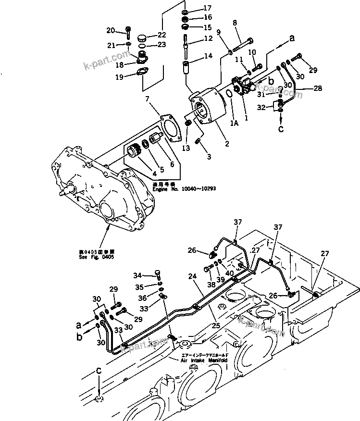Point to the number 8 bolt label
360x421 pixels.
pyautogui.click(x=235, y=23)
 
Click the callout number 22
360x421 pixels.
pyautogui.click(x=161, y=35)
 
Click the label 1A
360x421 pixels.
pyautogui.click(x=234, y=123)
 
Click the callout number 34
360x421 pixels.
pyautogui.click(x=137, y=275)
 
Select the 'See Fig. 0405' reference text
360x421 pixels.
pyautogui.click(x=97, y=257)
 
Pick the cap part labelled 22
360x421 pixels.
pyautogui.click(x=142, y=38)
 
